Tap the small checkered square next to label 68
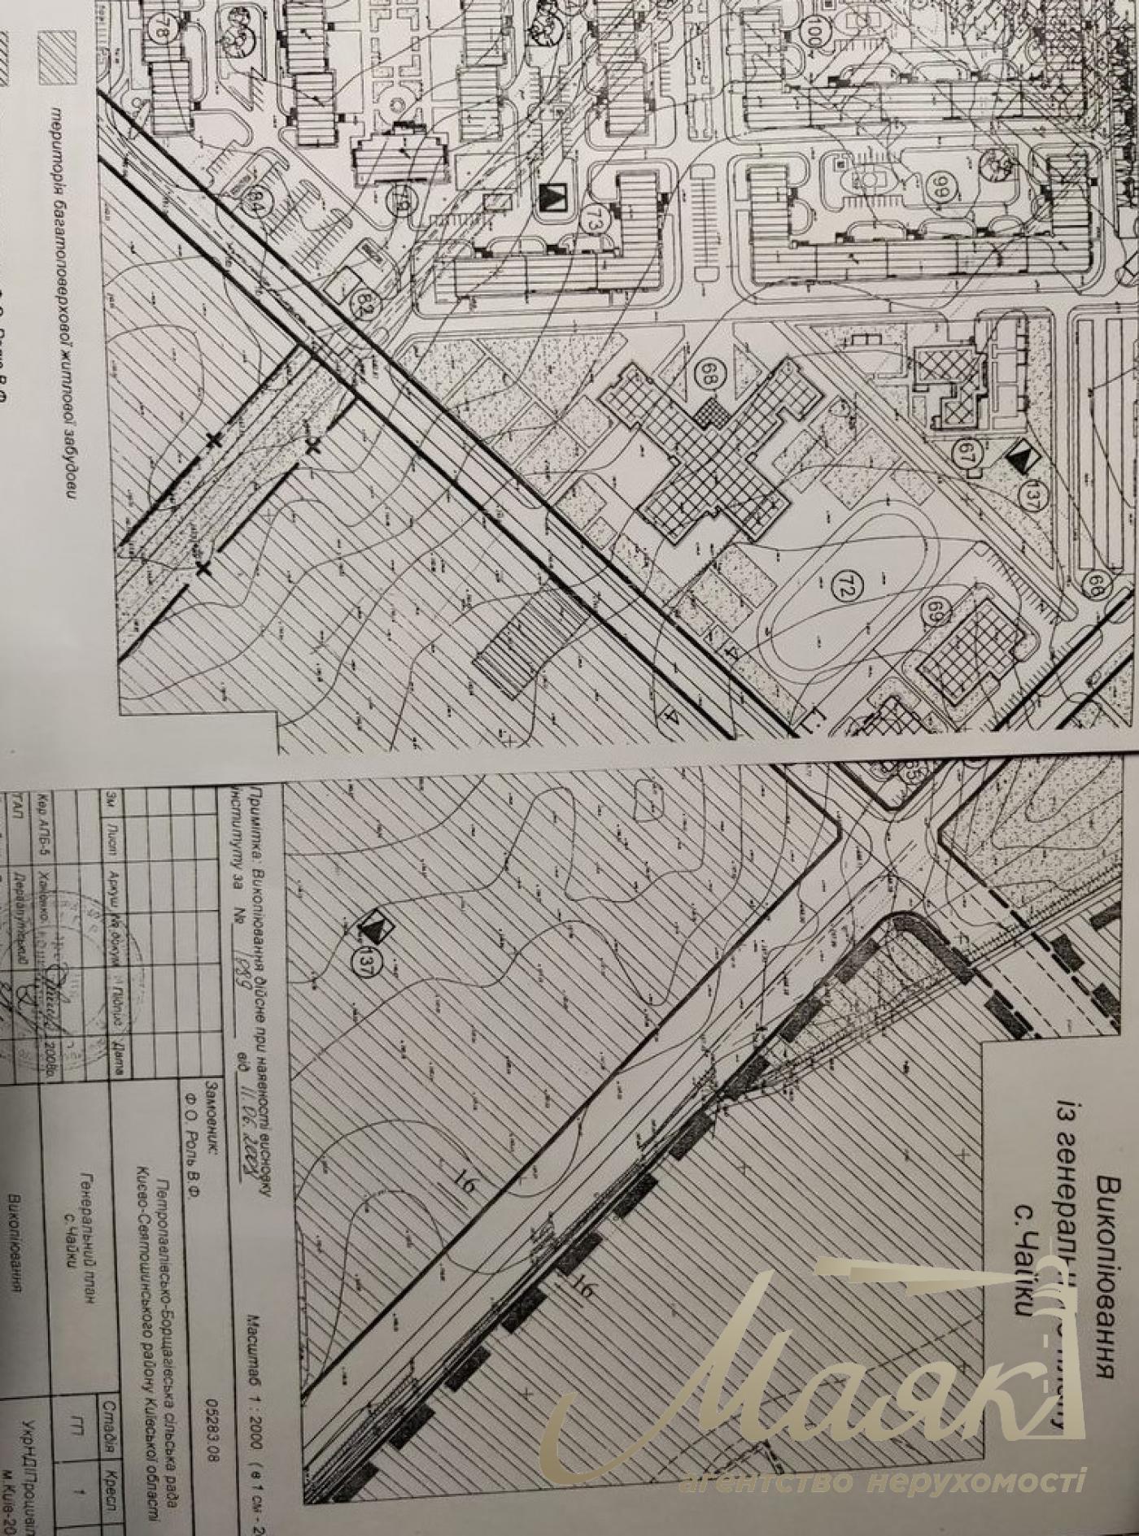point(714,409)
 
